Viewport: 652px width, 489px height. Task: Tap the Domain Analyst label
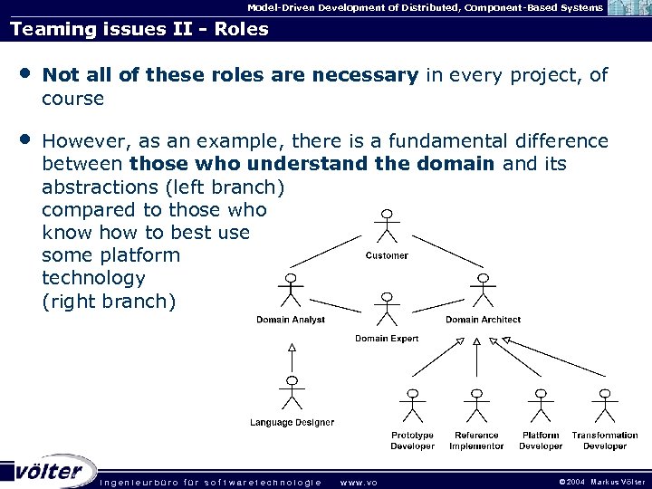(x=290, y=320)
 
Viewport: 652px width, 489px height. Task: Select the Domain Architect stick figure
(x=484, y=291)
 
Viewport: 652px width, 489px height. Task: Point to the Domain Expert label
(x=387, y=339)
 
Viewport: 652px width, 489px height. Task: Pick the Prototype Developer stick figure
(x=413, y=407)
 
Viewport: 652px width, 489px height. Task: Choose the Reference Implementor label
(x=476, y=440)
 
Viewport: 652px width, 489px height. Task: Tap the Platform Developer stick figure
(x=541, y=407)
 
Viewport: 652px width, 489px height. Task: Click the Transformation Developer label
(x=605, y=440)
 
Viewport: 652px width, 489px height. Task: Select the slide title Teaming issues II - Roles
(x=139, y=29)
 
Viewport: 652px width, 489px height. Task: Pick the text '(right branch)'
(x=109, y=301)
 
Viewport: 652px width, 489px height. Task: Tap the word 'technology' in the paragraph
(x=93, y=278)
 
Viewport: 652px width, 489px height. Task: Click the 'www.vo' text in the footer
(x=358, y=483)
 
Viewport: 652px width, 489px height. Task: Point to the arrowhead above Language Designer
(x=291, y=346)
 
